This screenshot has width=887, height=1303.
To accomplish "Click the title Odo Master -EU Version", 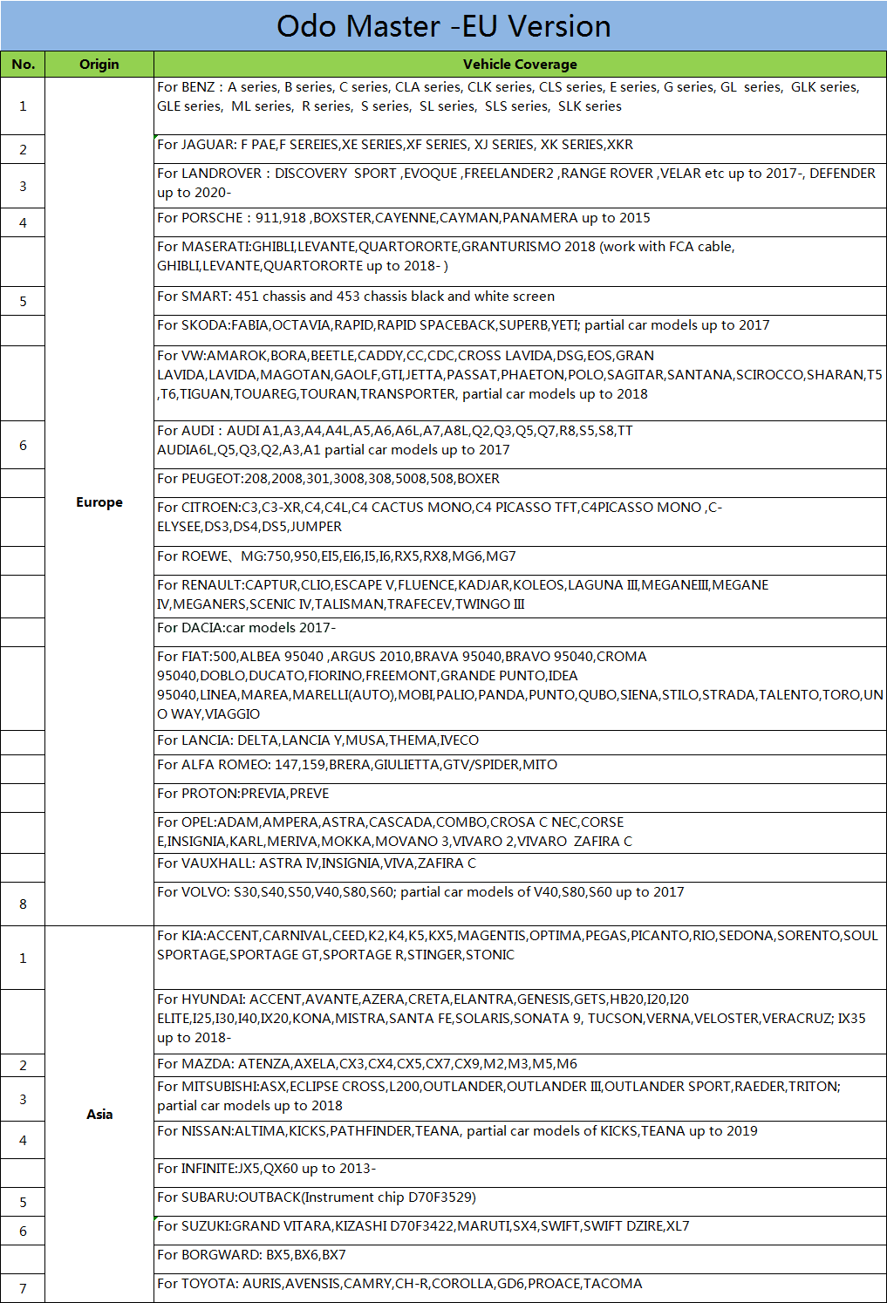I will coord(443,26).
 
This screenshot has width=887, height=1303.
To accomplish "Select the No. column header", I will coord(24,65).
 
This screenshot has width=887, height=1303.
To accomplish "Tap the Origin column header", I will coord(99,65).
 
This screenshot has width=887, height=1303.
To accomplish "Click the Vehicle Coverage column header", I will coord(520,65).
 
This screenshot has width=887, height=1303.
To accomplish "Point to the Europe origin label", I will coord(99,502).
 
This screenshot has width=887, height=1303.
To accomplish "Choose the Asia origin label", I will coord(99,1114).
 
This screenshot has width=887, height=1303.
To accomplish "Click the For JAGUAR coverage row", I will coord(395,145).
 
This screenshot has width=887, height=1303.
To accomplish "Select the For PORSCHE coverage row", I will coord(404,218).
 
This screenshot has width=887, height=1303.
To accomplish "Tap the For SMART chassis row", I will coord(356,297).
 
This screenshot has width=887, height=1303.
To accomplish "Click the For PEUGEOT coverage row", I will coord(329,479).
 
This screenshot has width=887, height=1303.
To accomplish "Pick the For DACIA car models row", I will coord(247,628).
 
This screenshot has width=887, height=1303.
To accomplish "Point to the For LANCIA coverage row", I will coord(318,740).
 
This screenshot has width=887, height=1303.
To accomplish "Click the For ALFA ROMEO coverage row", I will coord(358,765).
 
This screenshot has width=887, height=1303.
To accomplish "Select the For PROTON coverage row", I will coord(243,794).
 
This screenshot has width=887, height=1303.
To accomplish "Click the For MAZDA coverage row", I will coord(367,1064).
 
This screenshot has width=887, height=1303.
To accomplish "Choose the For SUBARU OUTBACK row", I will coord(317,1197).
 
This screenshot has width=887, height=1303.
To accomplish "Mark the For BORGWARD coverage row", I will coord(252,1255).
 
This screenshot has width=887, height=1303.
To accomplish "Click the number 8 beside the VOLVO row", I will coord(24,904).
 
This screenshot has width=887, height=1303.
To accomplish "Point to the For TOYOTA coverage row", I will coord(399,1284).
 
